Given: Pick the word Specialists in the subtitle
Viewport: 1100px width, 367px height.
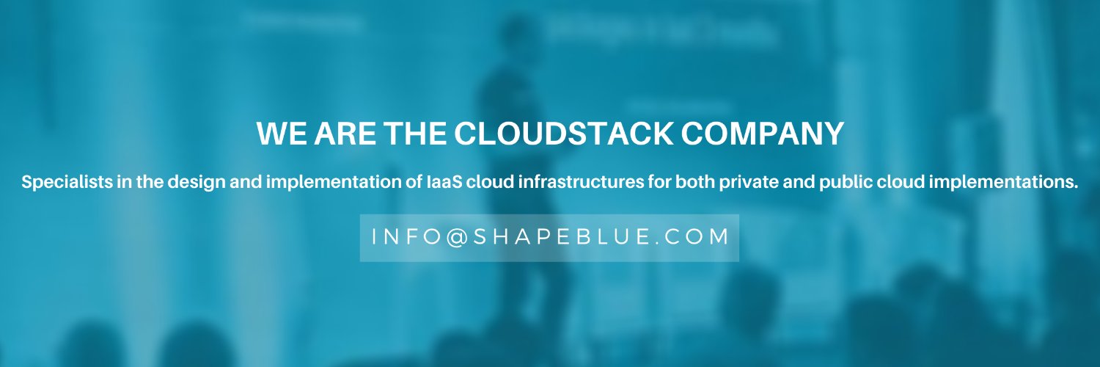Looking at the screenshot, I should pos(66,183).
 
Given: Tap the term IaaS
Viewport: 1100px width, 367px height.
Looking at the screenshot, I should pos(443,183).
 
